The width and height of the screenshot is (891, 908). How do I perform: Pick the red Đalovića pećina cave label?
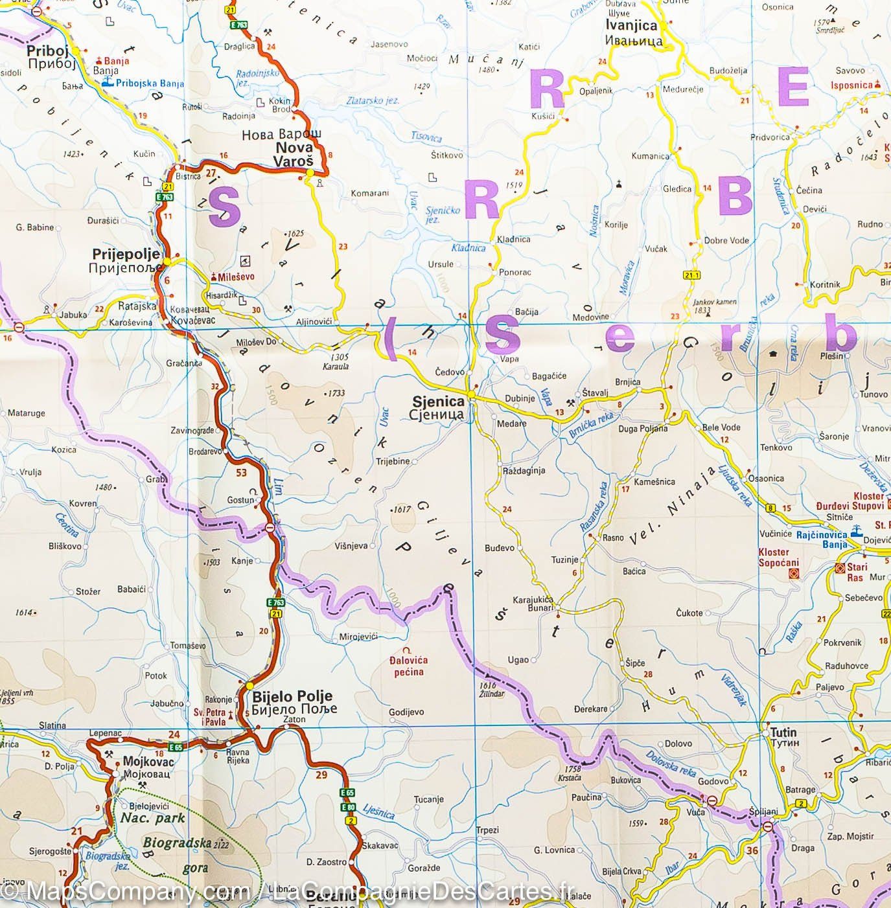click(x=408, y=666)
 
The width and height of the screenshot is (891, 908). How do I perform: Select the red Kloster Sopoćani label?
click(x=778, y=558)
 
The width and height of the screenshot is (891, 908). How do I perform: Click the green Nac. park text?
click(x=152, y=818)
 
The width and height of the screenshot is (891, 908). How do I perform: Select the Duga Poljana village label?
click(x=643, y=428)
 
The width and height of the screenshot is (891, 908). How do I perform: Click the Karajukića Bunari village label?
click(x=533, y=604)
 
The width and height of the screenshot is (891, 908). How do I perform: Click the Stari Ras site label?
click(x=857, y=572)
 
